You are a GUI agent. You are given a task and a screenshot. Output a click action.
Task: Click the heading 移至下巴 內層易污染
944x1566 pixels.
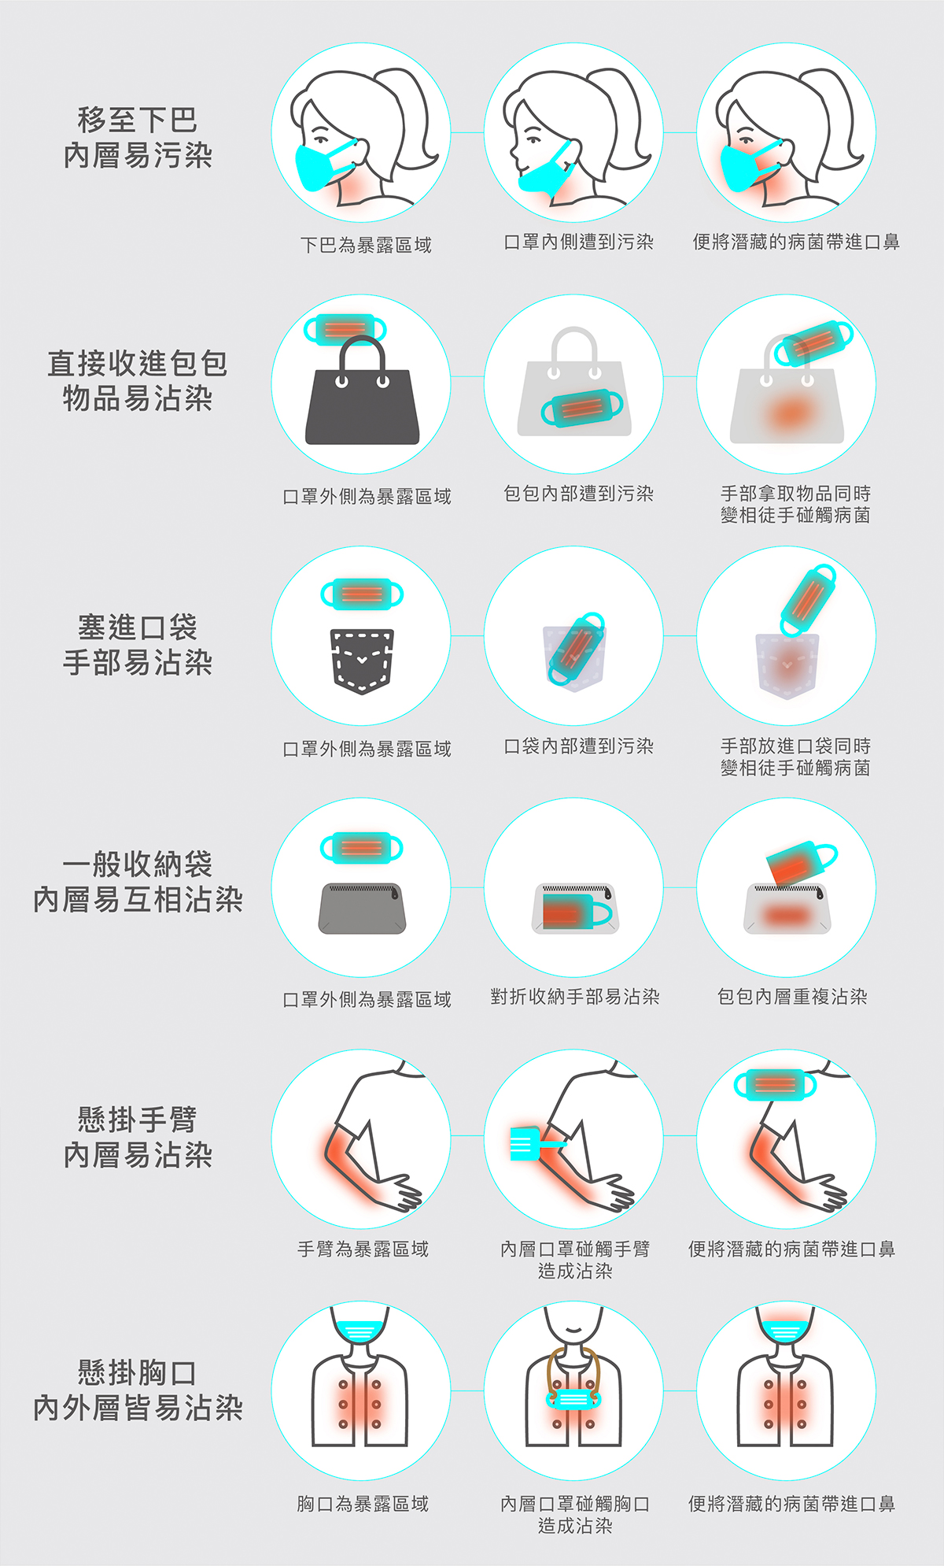pyautogui.click(x=138, y=138)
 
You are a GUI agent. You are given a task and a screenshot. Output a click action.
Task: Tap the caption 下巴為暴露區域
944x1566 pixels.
pyautogui.click(x=366, y=245)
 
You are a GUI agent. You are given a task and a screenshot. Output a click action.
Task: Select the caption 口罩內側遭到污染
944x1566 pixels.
pyautogui.click(x=579, y=242)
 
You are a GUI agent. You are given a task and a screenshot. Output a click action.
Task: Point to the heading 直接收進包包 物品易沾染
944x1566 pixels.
pyautogui.click(x=138, y=381)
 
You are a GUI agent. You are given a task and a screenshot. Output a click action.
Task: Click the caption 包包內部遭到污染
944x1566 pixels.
pyautogui.click(x=579, y=494)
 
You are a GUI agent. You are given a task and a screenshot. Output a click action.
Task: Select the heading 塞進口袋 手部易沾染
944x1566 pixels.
pyautogui.click(x=138, y=645)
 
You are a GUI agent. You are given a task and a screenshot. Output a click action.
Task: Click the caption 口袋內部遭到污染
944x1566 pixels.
pyautogui.click(x=579, y=746)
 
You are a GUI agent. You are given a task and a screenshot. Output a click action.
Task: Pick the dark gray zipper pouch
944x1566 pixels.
pyautogui.click(x=362, y=909)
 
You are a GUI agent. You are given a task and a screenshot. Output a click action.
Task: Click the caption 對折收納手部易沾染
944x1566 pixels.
pyautogui.click(x=575, y=997)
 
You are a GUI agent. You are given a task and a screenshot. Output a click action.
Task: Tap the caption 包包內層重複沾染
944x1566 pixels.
pyautogui.click(x=792, y=997)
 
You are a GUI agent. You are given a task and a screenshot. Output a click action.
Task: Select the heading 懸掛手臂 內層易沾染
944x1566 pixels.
pyautogui.click(x=138, y=1137)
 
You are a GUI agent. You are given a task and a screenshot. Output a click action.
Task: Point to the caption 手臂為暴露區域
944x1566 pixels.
pyautogui.click(x=363, y=1249)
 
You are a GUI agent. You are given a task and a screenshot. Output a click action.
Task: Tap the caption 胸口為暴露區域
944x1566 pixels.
pyautogui.click(x=363, y=1504)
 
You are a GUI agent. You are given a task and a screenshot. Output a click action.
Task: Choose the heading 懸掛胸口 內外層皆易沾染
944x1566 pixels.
pyautogui.click(x=138, y=1390)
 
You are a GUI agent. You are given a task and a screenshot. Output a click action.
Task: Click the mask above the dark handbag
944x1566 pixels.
pyautogui.click(x=345, y=328)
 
